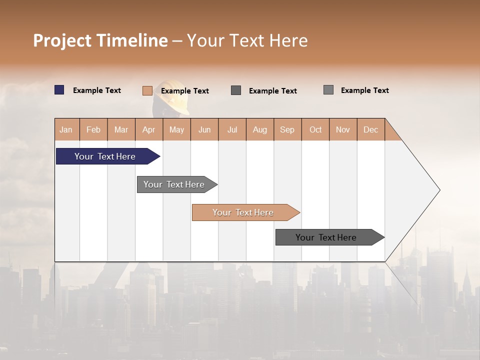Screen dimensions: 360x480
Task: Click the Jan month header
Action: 66,129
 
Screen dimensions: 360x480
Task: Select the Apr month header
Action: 149,129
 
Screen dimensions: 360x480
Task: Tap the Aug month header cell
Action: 260,129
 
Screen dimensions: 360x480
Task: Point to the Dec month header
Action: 370,129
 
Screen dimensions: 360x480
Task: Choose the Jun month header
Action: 204,129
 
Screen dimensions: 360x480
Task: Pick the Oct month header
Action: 315,129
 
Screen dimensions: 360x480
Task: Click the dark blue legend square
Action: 59,90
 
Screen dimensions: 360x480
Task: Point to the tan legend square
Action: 147,90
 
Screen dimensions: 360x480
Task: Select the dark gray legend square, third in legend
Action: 236,90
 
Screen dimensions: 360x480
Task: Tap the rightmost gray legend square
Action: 328,90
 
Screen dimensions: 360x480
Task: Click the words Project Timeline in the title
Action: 100,40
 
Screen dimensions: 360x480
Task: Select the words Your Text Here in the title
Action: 247,40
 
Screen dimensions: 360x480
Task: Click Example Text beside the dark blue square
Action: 97,90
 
